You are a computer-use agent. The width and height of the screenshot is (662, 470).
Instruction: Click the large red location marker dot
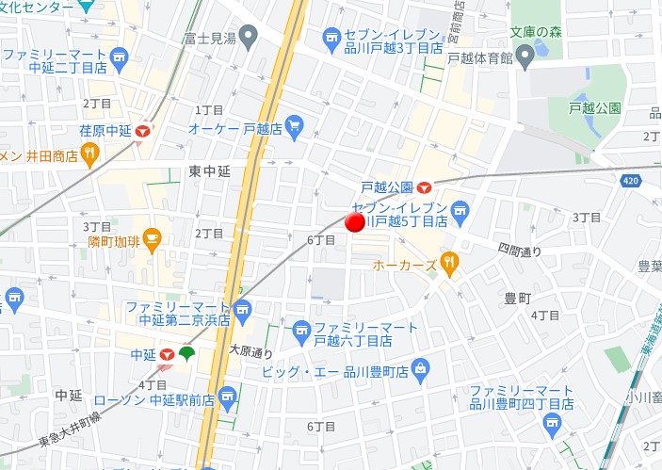(355, 223)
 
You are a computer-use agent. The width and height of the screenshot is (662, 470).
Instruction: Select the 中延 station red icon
(167, 354)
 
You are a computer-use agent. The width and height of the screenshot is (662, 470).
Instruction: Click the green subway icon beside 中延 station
(186, 353)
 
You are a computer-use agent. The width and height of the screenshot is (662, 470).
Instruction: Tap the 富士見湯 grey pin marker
(249, 39)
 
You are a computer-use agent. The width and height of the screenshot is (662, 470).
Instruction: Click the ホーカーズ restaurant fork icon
(449, 266)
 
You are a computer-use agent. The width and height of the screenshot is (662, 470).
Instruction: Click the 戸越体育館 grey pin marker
(526, 58)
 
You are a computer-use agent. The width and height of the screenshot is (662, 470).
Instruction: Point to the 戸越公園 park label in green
(595, 108)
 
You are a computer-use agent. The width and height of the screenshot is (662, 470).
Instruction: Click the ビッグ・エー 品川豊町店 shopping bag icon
(421, 365)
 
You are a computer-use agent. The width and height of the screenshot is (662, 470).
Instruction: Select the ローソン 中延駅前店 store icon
(227, 400)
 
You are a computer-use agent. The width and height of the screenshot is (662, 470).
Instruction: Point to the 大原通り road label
(250, 352)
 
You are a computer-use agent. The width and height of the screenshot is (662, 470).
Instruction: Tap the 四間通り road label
(520, 251)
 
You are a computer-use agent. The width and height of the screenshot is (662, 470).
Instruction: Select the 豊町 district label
(517, 297)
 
